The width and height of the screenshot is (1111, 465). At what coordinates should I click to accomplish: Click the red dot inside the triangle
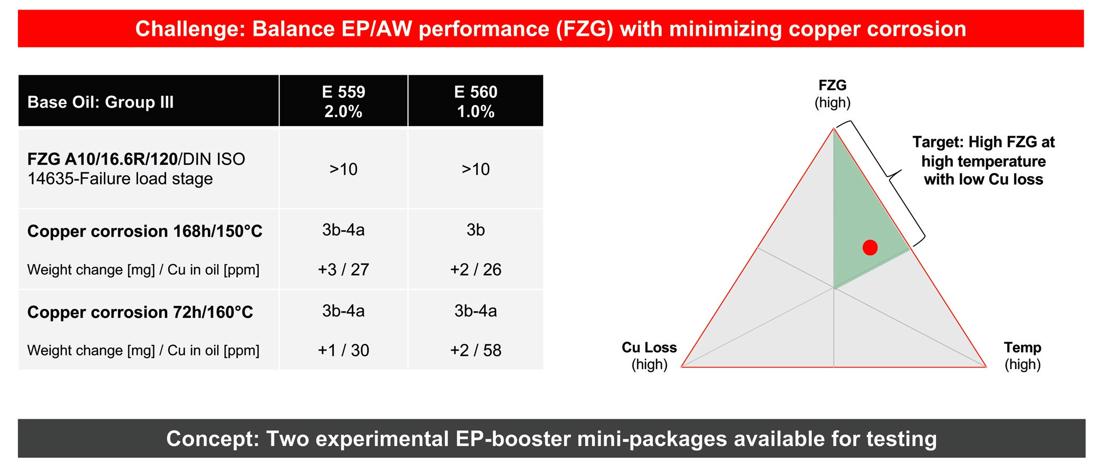(870, 247)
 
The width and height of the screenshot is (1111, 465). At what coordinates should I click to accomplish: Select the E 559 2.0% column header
(343, 101)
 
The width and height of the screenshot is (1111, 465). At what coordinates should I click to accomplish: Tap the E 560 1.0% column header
(476, 101)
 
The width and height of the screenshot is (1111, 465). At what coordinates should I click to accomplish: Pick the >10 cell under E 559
(343, 169)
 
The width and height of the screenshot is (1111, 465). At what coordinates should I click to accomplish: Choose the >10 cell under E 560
(476, 169)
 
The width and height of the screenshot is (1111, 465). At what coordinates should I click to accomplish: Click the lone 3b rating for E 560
(476, 230)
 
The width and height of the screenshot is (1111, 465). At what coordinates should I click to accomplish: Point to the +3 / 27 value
(343, 269)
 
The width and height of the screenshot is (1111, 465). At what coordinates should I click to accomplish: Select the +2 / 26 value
(476, 269)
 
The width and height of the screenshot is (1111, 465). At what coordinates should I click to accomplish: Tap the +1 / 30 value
(343, 350)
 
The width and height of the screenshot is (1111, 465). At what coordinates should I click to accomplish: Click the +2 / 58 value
(476, 350)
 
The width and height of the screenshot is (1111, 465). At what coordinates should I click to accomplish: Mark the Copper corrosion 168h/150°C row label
(144, 231)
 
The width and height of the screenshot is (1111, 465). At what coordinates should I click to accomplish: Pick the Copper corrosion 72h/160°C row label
(140, 312)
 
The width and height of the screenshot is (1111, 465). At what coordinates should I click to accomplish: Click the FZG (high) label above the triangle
(833, 93)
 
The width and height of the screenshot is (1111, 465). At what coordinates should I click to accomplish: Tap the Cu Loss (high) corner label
(649, 356)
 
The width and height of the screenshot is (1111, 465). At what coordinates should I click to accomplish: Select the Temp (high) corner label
(1022, 356)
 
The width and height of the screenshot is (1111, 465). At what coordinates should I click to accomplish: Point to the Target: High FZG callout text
(983, 160)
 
